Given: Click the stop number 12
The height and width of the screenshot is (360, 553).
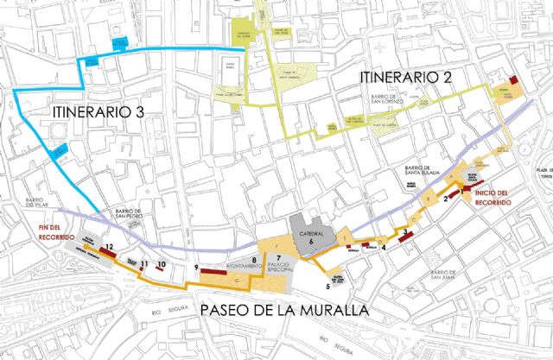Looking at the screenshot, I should coord(110,247).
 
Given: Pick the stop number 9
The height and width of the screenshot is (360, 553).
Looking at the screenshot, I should coord(198,267).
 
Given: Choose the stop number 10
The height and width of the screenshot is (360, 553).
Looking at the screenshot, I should coord(162,263).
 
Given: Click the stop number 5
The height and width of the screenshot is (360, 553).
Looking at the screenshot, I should coord(327,285).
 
